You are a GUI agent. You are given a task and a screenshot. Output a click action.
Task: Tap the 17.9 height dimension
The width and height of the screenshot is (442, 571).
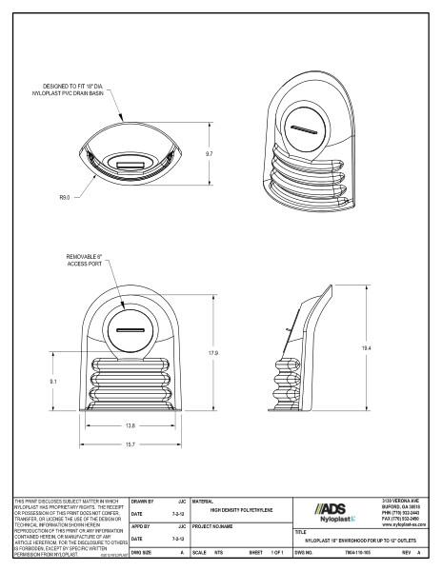(215, 352)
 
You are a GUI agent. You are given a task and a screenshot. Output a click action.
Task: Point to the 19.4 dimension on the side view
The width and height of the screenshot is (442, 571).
(367, 350)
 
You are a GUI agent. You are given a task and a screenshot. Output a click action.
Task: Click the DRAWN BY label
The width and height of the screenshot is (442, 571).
(140, 499)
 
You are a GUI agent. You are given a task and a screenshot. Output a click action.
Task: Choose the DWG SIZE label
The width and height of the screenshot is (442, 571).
(141, 551)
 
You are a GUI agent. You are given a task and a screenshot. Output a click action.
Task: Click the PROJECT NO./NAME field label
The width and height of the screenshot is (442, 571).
(217, 524)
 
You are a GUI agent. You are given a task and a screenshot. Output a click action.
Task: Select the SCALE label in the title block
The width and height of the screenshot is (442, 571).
(199, 551)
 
